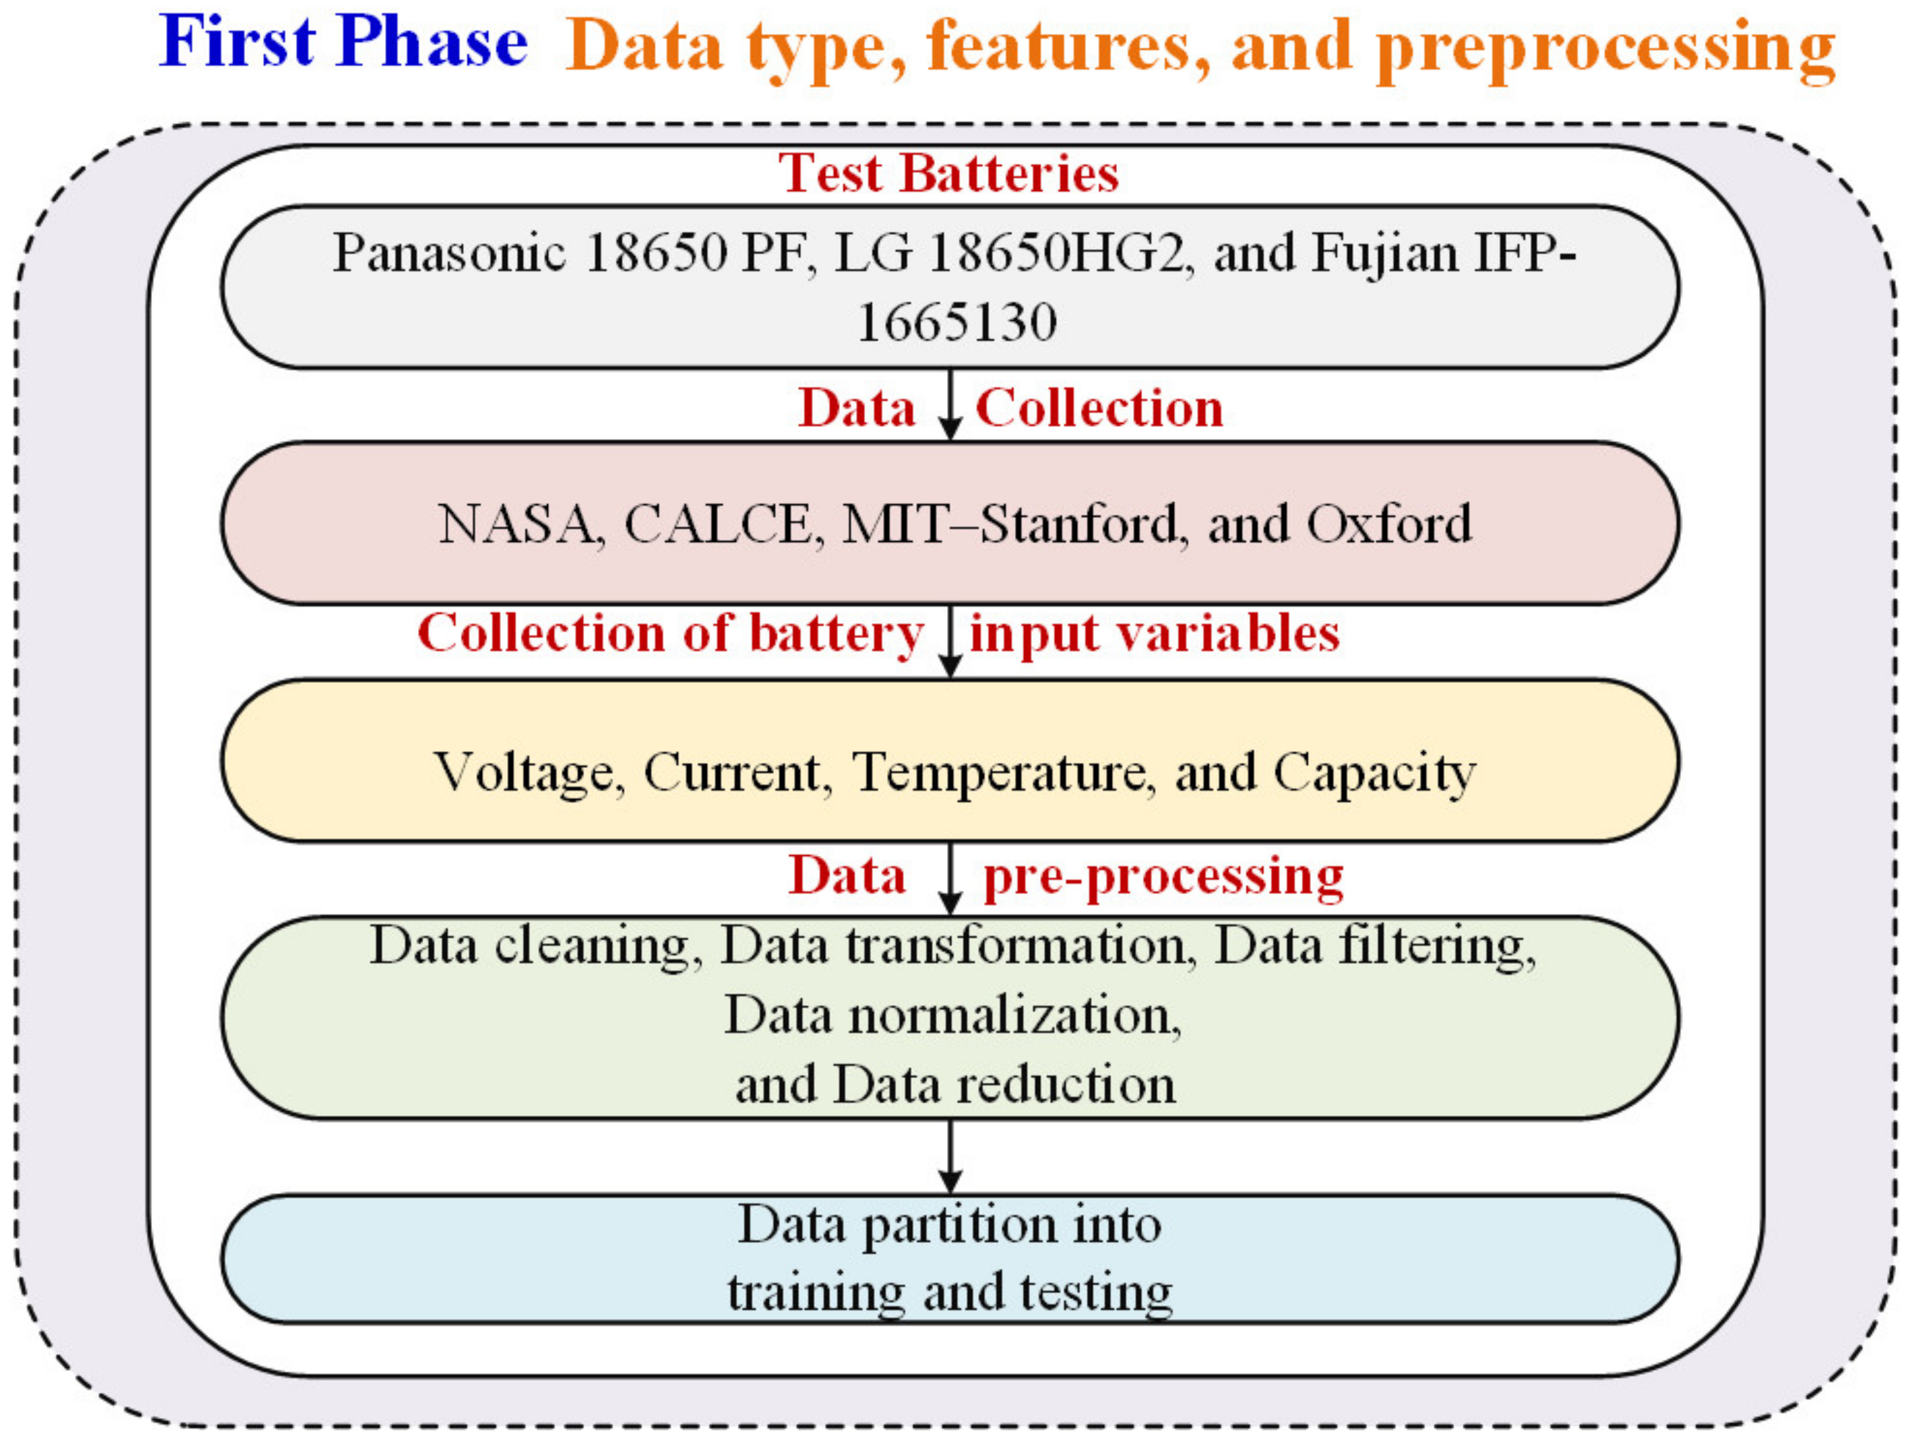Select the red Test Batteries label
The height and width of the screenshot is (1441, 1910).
[948, 173]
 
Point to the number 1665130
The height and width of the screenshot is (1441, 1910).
[957, 323]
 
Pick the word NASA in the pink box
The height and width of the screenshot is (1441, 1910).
[516, 524]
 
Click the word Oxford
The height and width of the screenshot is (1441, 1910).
[1388, 524]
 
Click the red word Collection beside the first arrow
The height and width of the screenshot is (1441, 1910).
[1099, 408]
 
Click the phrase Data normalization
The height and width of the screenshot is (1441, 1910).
[952, 1015]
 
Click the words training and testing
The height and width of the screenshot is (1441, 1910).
[950, 1292]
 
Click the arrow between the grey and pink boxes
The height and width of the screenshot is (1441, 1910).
[950, 404]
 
